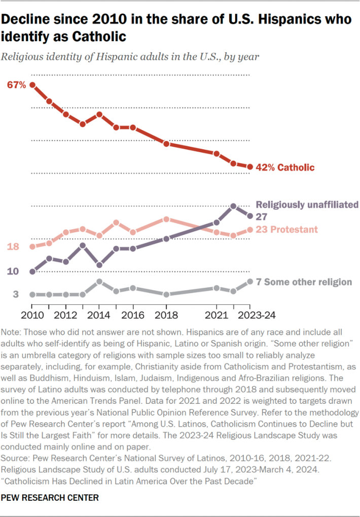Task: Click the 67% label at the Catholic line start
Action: (17, 85)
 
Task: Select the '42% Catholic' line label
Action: (285, 167)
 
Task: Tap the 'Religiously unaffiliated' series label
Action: (307, 205)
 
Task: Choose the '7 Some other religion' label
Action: (304, 282)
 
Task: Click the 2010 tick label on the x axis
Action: (31, 314)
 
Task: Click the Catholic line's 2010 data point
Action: (32, 85)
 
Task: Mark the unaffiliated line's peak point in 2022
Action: (233, 206)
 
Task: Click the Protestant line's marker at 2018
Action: (166, 219)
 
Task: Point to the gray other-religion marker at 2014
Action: (99, 282)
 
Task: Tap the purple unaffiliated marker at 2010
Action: (32, 271)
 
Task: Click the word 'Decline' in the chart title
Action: (30, 19)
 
